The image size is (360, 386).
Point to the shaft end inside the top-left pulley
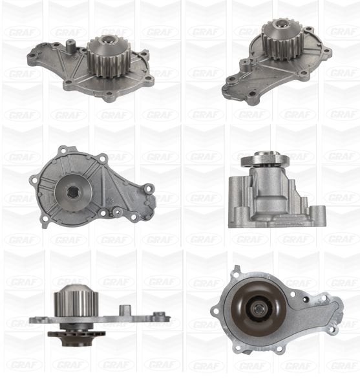107,39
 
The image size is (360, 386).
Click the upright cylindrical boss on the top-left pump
70,46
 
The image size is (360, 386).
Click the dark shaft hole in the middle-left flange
73,192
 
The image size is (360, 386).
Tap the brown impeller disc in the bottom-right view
259,308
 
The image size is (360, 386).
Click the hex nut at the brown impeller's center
258,308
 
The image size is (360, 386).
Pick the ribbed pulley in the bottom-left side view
76,301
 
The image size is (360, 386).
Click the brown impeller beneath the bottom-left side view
76,335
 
